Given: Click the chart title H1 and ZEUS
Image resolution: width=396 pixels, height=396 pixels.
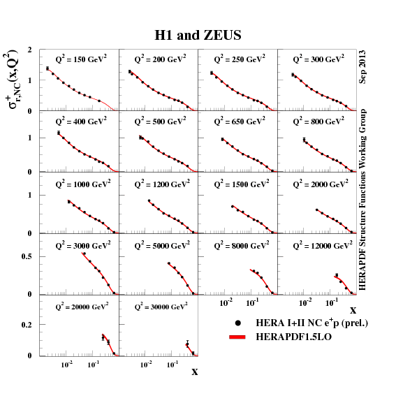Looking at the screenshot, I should tap(198, 35).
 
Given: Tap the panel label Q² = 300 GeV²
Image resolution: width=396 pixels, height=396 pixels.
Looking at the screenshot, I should tap(318, 60).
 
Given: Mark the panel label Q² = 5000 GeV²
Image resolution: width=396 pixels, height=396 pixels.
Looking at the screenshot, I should tap(163, 245).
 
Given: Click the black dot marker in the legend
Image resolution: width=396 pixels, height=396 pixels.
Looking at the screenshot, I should tap(238, 323).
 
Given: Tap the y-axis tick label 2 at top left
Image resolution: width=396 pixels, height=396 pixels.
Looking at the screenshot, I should tap(29, 51).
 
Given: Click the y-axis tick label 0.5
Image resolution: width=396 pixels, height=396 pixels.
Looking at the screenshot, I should tap(27, 256).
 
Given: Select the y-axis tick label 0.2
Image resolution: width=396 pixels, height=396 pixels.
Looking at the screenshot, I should tap(27, 325).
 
